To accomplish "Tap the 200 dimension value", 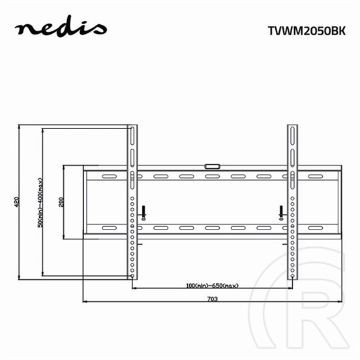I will (61, 202).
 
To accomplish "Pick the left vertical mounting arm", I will (132, 202).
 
